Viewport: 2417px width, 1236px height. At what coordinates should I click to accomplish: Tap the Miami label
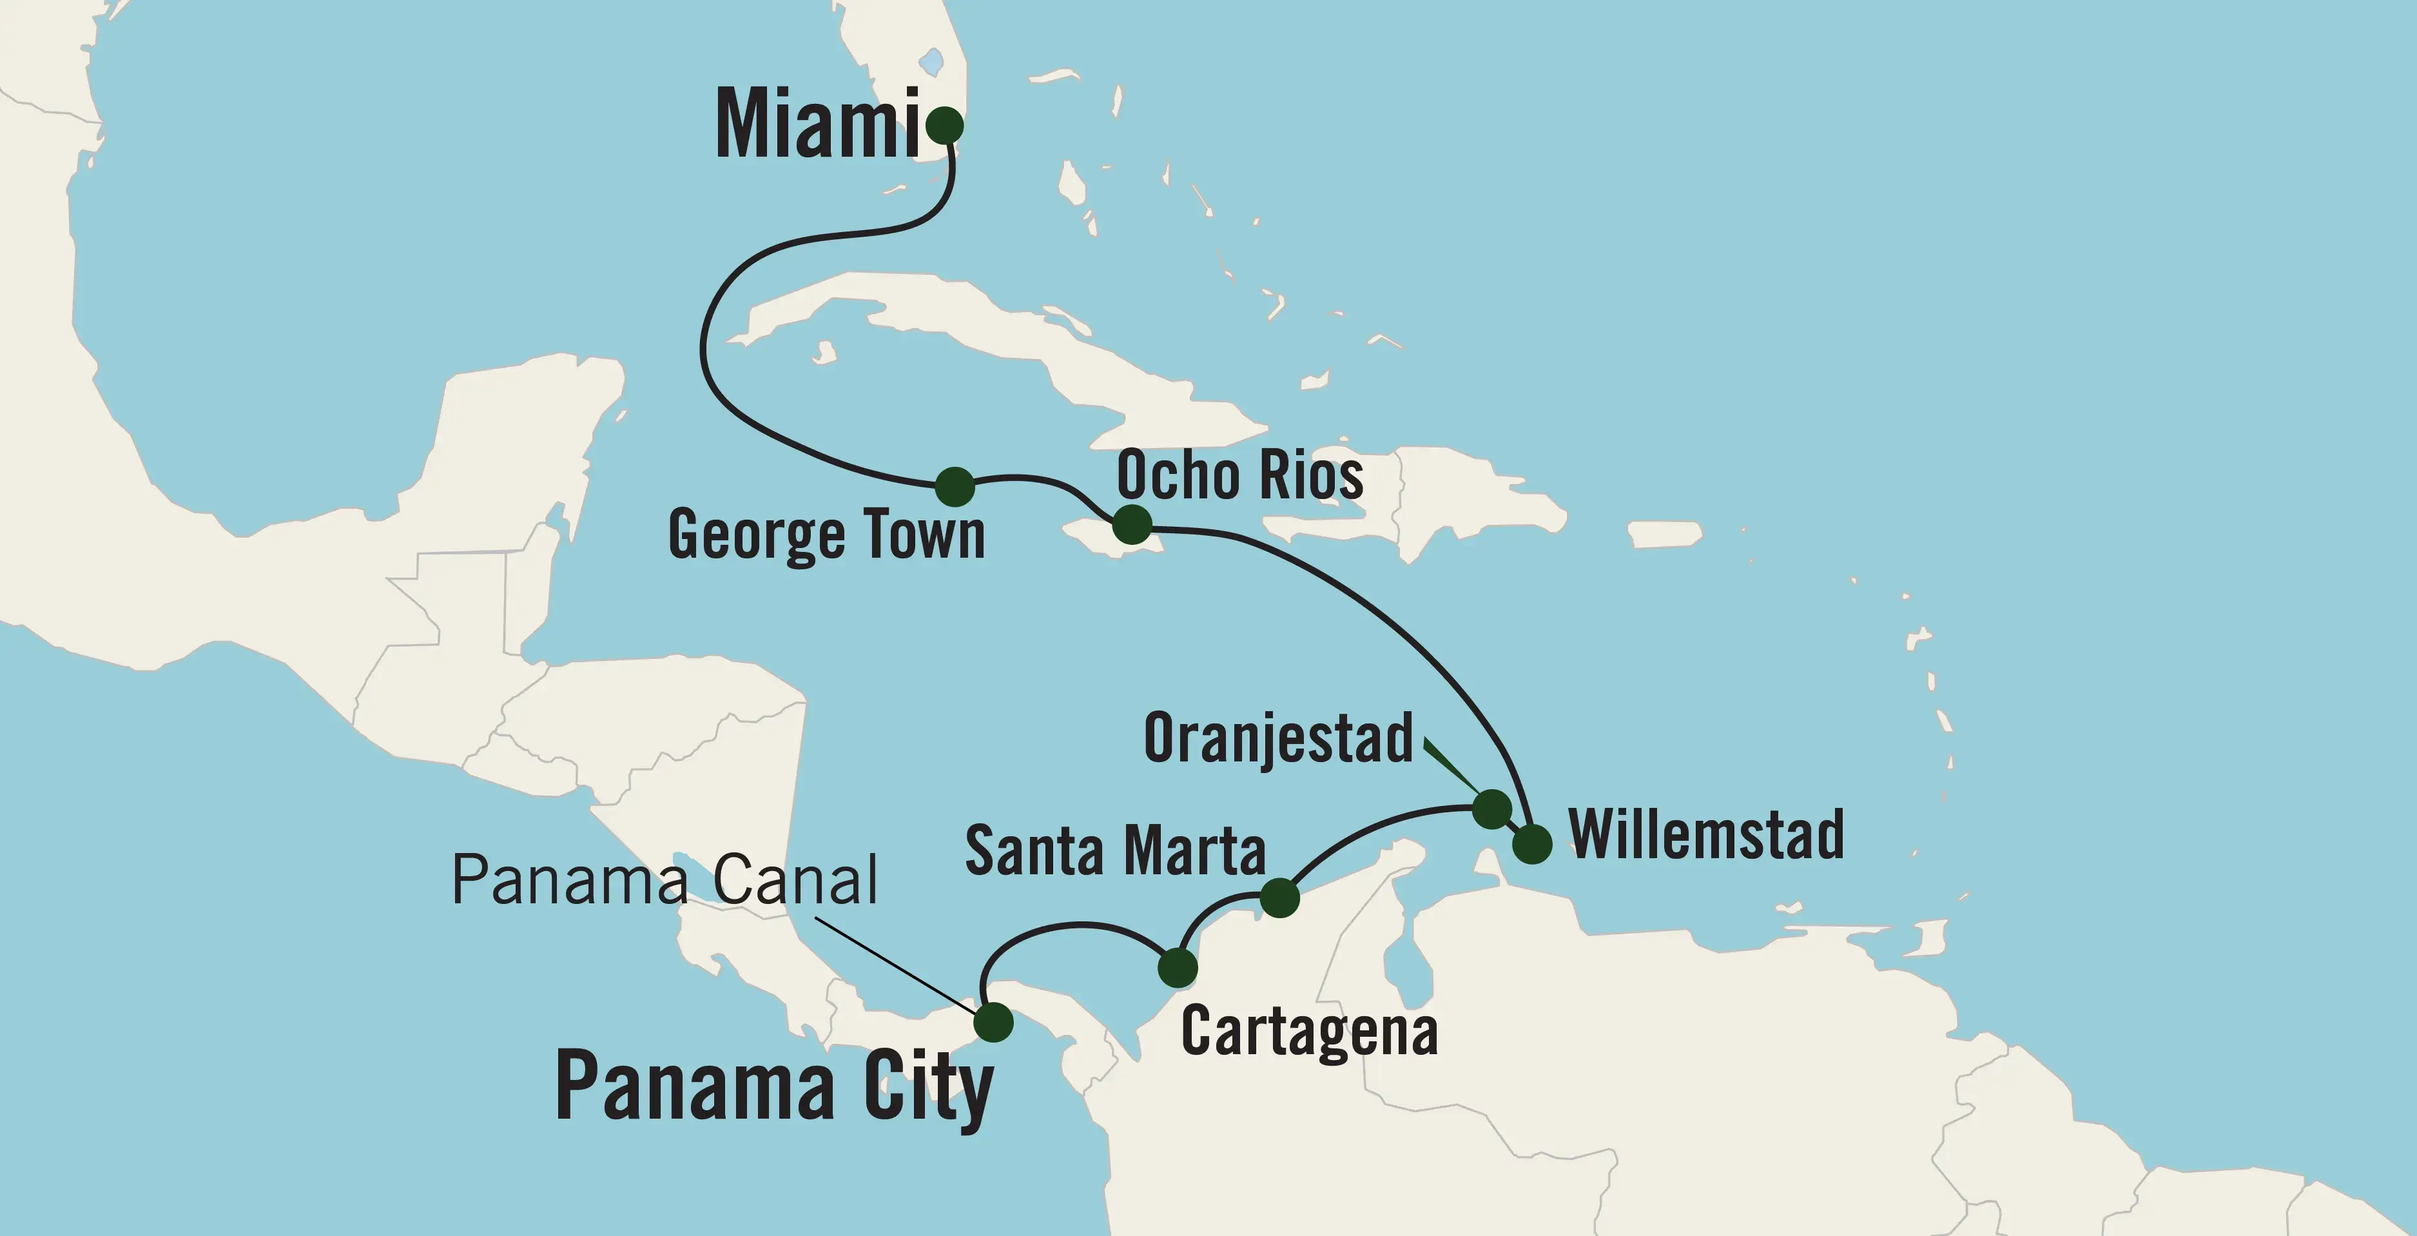[x=816, y=125]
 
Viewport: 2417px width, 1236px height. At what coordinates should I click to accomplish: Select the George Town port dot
[x=955, y=486]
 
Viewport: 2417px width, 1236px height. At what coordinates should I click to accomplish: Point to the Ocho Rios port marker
[x=1132, y=524]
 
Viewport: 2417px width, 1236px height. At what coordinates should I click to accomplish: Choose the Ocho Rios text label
[x=1239, y=475]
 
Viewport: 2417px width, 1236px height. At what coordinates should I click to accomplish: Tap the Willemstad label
[x=1706, y=834]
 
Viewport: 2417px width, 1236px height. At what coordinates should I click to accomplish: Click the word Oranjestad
[x=1278, y=739]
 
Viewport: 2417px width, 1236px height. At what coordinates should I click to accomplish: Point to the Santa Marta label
[x=1114, y=850]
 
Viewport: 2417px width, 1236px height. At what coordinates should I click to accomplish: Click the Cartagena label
[x=1309, y=1032]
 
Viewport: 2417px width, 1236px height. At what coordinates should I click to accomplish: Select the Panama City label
[x=774, y=1087]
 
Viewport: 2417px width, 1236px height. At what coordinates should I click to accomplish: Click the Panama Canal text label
[x=665, y=880]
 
